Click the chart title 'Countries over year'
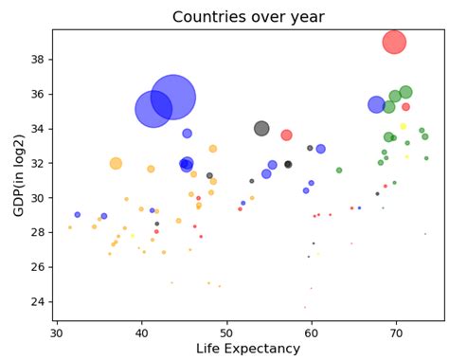point(247,17)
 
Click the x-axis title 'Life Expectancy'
point(247,349)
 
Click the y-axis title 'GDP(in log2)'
point(18,174)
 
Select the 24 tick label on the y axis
point(38,301)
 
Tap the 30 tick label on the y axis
point(38,198)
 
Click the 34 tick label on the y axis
point(38,128)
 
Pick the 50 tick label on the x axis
point(226,333)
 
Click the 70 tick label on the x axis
point(396,333)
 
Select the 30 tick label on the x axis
point(57,333)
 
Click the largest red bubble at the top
point(395,42)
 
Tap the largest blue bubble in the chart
point(172,96)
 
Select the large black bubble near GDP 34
point(261,129)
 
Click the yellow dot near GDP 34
point(403,126)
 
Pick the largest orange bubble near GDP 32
point(116,163)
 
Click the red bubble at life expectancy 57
point(286,135)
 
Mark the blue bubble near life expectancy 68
point(376,104)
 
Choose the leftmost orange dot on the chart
point(69,227)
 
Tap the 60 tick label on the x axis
point(312,333)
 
